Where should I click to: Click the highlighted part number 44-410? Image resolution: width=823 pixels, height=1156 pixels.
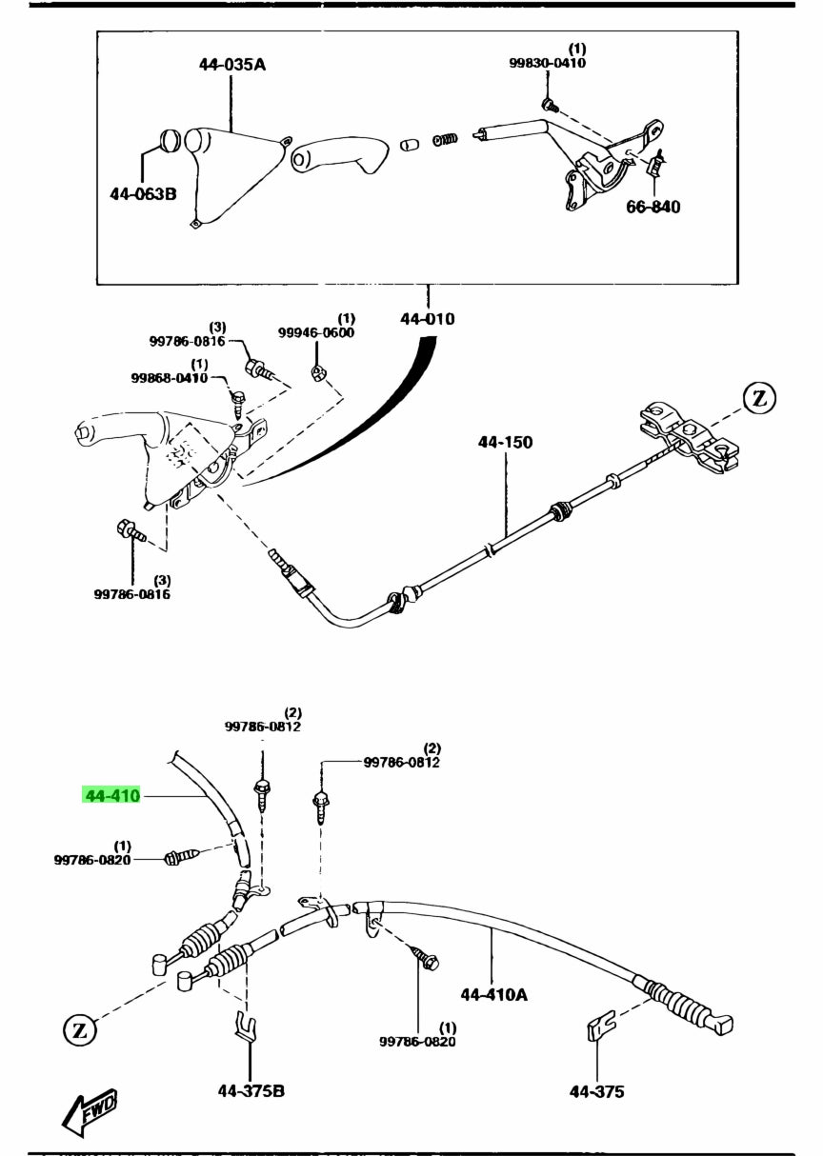[x=112, y=795]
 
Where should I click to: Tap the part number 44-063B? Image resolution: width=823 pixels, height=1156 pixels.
[x=143, y=194]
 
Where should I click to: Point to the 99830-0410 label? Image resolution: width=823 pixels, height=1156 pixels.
[x=547, y=63]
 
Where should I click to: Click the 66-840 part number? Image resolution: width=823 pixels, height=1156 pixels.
[x=652, y=207]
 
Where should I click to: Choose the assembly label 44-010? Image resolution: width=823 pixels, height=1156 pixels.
[x=427, y=319]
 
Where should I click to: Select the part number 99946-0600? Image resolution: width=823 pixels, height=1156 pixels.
[x=315, y=332]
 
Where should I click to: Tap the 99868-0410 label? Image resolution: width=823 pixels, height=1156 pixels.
[x=169, y=378]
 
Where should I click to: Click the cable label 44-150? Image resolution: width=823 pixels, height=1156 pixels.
[x=505, y=443]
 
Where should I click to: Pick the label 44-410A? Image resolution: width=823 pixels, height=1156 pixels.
[x=493, y=995]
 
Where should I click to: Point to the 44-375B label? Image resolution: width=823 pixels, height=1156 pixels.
[x=251, y=1090]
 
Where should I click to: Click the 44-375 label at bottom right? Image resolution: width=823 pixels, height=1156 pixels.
[x=596, y=1091]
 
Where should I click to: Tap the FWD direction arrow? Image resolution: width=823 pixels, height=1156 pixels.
[x=90, y=1108]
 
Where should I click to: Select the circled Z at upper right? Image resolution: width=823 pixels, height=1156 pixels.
[x=759, y=399]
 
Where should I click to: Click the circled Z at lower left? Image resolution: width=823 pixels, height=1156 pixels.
[x=80, y=1028]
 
